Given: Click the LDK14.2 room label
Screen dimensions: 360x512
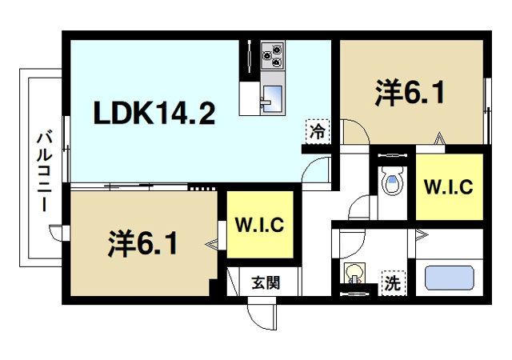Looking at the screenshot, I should click(154, 115).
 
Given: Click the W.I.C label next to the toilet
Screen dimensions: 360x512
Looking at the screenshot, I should click(448, 187).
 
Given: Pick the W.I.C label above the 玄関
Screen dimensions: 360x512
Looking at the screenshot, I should click(259, 225).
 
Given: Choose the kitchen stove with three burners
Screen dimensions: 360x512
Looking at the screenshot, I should click(271, 54).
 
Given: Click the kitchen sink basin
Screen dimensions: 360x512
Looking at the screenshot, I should click(270, 95).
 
